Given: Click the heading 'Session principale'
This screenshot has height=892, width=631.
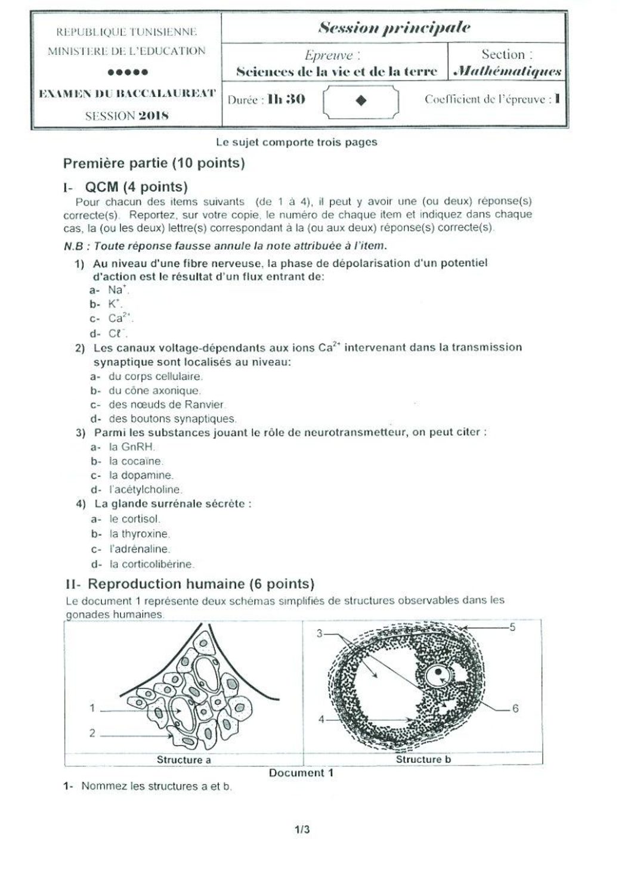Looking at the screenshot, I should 394,27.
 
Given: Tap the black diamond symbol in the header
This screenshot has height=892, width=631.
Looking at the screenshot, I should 360,101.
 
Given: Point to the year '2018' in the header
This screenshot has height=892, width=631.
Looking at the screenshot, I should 153,116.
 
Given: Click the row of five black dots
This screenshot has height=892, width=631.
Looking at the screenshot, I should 128,73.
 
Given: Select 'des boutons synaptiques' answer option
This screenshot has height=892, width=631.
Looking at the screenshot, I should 172,419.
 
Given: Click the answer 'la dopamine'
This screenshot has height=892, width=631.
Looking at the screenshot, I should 141,475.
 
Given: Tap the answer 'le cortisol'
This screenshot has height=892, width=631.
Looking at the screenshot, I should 135,519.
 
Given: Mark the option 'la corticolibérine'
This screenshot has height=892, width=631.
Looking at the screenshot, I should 151,564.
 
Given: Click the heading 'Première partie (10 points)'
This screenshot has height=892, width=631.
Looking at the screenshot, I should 154,163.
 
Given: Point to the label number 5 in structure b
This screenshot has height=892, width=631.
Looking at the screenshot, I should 512,627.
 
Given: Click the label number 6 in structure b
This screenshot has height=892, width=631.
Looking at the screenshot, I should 515,708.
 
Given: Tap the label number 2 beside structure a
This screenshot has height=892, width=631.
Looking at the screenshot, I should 92,734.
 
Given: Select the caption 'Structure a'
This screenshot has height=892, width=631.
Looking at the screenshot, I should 184,760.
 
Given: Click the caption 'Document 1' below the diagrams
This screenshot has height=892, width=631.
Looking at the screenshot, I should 301,773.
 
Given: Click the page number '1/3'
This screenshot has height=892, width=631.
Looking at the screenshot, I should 302,829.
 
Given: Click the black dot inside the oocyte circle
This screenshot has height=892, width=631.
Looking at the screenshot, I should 439,672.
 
